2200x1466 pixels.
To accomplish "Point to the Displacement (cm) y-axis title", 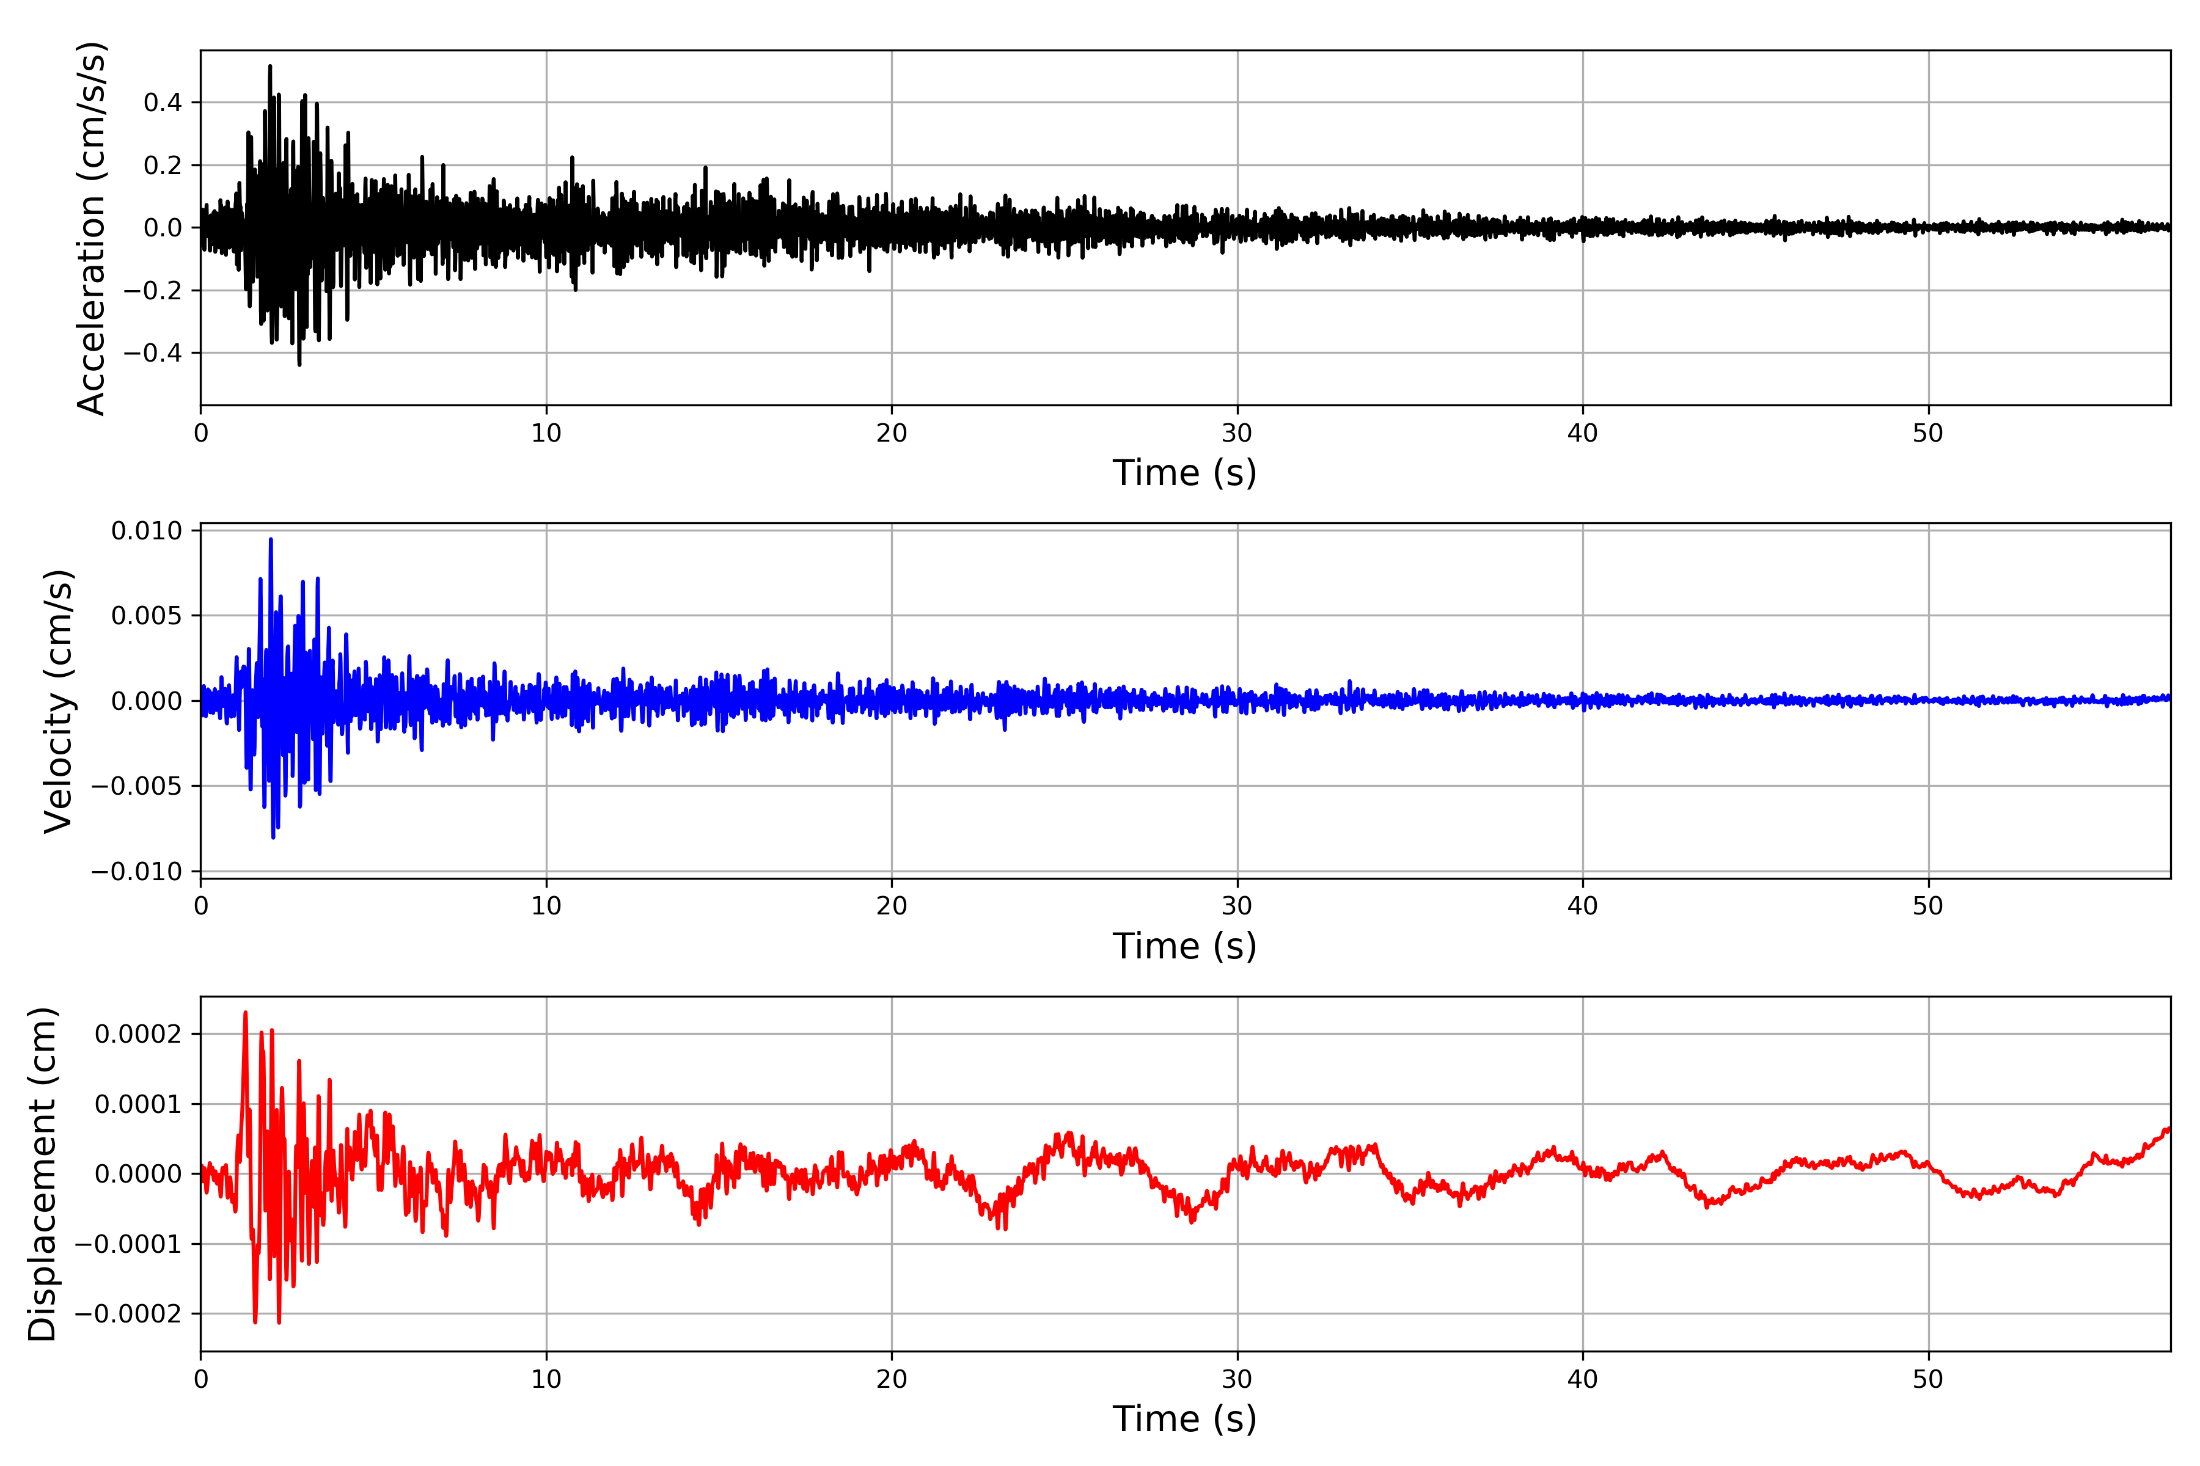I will coord(42,1174).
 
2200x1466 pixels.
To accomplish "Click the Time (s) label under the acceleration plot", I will coord(1184,473).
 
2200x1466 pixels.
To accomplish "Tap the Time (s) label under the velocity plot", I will coord(1184,946).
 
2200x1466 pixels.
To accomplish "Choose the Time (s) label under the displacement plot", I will coord(1184,1419).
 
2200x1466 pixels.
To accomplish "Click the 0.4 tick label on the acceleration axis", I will coord(163,103).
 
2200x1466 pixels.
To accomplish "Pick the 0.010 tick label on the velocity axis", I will coord(147,531).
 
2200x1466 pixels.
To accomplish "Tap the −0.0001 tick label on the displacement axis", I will coord(129,1244).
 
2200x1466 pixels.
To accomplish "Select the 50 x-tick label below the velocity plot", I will coord(1928,906).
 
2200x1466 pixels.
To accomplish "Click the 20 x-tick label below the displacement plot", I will coord(892,1379).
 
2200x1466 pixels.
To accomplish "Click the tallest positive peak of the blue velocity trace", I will coord(271,539).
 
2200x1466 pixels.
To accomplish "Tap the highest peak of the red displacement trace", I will coord(245,1013).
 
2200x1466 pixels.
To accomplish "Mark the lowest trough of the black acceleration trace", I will coord(299,365).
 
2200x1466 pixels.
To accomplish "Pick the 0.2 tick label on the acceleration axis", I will coord(163,166).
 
